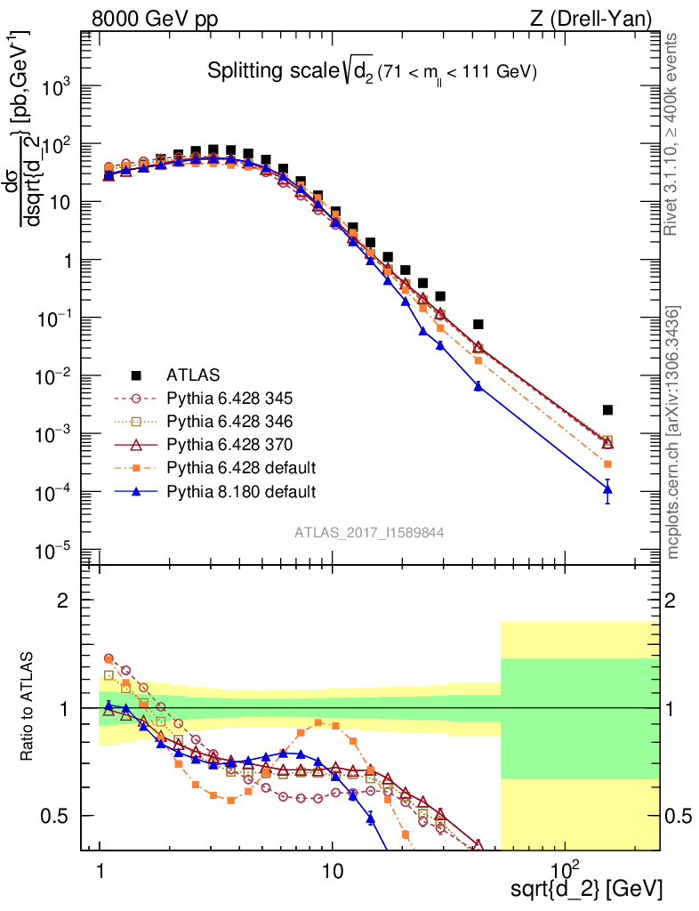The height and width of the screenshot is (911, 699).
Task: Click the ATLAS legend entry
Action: pos(190,374)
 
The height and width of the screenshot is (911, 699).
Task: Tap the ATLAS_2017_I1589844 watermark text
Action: pos(369,532)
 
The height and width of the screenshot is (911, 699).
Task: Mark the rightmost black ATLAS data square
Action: pos(607,410)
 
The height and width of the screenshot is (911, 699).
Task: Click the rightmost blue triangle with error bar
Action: pos(607,489)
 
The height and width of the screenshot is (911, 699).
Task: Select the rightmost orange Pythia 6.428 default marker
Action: pos(607,464)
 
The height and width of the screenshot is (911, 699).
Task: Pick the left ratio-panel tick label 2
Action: pos(62,601)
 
